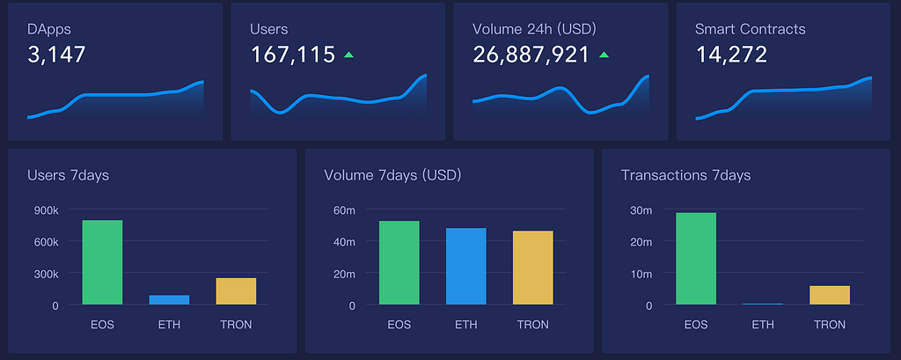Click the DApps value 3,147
coord(56,55)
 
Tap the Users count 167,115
coord(293,55)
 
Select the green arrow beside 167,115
coord(348,55)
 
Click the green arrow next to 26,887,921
coord(604,55)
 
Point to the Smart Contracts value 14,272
coord(731,55)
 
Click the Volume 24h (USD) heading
coord(534,29)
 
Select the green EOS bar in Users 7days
coord(102,262)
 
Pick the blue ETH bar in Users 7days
coord(169,300)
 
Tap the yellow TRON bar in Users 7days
coord(236,291)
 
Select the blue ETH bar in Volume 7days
coord(466,267)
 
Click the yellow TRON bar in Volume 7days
coord(533,268)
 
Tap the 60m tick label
coord(344,210)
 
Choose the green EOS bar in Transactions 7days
coord(696,259)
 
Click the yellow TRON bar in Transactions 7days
coord(830,296)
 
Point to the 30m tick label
coord(641,210)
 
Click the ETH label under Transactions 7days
coord(763,325)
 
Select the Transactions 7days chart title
coord(685,175)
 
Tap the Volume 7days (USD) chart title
coord(392,175)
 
